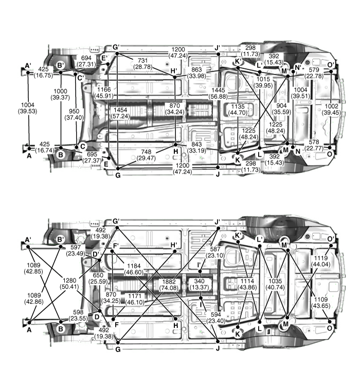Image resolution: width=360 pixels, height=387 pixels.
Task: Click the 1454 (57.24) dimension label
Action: [x=120, y=113]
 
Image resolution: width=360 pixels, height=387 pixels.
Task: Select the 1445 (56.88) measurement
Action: [x=218, y=93]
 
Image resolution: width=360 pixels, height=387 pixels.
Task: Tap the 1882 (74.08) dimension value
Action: [x=169, y=285]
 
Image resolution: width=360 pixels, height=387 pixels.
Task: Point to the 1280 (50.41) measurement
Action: [x=69, y=284]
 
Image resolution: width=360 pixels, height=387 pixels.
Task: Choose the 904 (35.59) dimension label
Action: [x=281, y=109]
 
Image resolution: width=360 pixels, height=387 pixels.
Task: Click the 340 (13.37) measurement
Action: [x=199, y=284]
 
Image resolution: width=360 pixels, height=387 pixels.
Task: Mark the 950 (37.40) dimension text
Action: [x=74, y=115]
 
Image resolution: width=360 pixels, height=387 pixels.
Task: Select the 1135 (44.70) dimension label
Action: [x=238, y=110]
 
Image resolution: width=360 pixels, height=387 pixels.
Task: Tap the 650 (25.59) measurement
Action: [x=98, y=278]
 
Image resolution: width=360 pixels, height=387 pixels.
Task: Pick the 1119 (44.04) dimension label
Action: [x=321, y=261]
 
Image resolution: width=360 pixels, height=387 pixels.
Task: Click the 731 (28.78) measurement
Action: [x=143, y=64]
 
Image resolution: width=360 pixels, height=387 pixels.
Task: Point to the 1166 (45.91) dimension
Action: [x=104, y=93]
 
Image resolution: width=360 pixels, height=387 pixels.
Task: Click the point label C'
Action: [x=81, y=78]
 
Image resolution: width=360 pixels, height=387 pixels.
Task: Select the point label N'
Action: [x=298, y=67]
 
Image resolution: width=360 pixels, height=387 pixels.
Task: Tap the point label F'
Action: [x=116, y=246]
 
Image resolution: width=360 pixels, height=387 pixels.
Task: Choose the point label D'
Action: [x=96, y=254]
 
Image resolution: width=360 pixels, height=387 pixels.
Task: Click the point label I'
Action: [x=199, y=266]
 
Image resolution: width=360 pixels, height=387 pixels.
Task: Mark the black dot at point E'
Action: [x=108, y=64]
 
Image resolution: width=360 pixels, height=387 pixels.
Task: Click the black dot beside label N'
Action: [x=293, y=72]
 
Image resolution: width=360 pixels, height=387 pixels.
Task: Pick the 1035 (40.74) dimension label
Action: [x=275, y=284]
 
